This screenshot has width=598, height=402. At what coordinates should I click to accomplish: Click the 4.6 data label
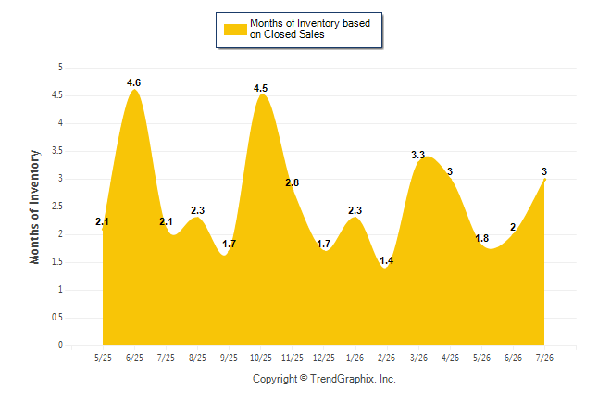pos(133,82)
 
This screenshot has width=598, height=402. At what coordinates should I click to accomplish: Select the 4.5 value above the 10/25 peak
pos(260,89)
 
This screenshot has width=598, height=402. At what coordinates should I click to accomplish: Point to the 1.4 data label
pos(386,261)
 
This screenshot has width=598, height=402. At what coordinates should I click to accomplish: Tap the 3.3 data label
pos(417,155)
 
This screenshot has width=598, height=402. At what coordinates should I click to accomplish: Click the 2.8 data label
pos(293,182)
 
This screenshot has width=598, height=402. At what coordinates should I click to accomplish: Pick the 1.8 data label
pos(481,239)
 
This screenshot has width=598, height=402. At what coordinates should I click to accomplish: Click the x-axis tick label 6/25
pos(134,358)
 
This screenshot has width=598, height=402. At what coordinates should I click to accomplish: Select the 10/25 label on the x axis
pos(261,358)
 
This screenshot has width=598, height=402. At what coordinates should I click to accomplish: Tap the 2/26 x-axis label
pos(386,358)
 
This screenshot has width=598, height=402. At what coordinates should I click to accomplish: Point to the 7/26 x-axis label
pos(544,358)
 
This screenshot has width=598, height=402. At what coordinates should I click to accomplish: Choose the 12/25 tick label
pos(324,358)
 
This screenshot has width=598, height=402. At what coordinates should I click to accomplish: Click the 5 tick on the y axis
pos(60,68)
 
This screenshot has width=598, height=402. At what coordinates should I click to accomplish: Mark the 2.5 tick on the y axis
pos(57,207)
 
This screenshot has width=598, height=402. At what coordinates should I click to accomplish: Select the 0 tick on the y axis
pos(60,345)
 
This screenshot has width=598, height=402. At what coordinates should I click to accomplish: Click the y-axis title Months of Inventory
pos(34,207)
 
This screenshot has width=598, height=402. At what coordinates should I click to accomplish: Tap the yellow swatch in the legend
pos(235,30)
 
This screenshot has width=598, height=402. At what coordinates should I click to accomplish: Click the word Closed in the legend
pos(280,34)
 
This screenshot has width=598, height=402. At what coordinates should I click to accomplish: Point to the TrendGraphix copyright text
pos(324,379)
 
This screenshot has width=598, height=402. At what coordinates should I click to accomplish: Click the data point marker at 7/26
pos(544,179)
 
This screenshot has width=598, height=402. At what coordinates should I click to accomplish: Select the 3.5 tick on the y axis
pos(57,151)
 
